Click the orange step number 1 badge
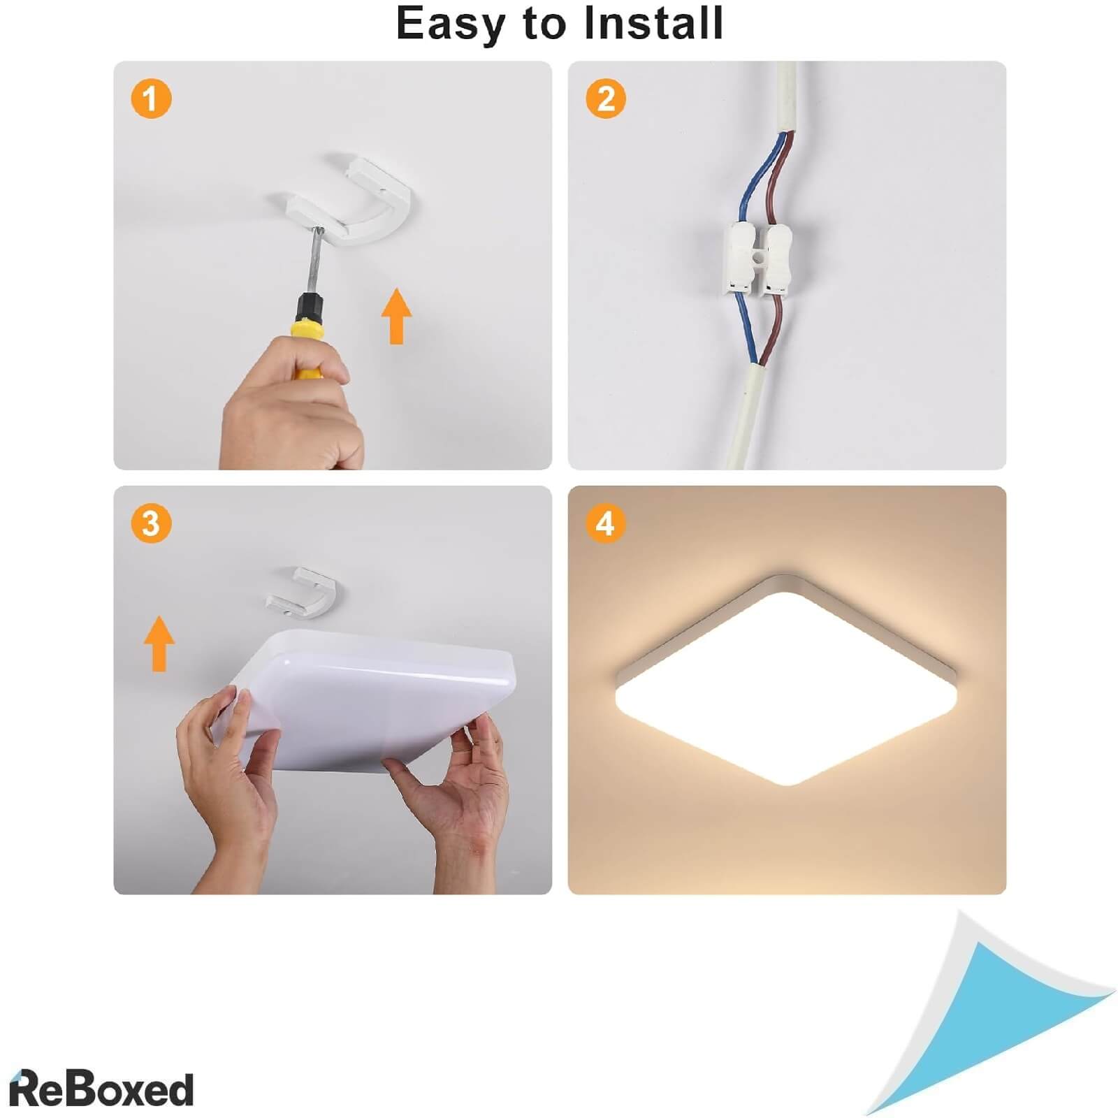151,98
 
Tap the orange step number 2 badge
606,98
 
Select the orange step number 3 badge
151,523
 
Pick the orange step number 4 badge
606,523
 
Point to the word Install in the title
653,22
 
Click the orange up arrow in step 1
396,316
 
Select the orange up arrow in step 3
159,644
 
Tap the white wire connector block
757,258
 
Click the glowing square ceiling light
787,681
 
